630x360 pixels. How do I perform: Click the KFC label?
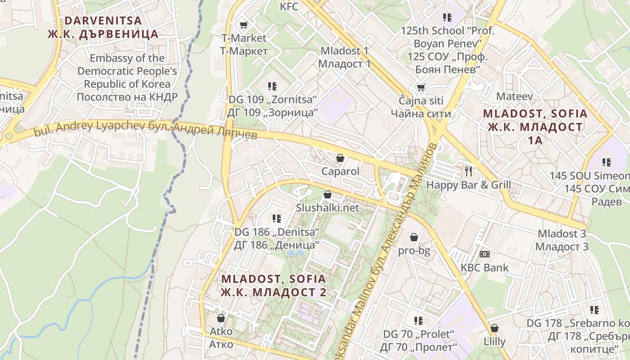pyautogui.click(x=289, y=6)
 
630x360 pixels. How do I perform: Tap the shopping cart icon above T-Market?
pyautogui.click(x=243, y=25)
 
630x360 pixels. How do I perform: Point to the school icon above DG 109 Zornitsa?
pyautogui.click(x=272, y=86)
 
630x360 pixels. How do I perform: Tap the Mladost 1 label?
pyautogui.click(x=344, y=57)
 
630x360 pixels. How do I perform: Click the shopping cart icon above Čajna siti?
pyautogui.click(x=421, y=87)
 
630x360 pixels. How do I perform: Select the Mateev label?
pyautogui.click(x=514, y=96)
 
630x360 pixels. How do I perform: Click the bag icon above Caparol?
pyautogui.click(x=340, y=158)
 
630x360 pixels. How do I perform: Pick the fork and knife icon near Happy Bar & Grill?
pyautogui.click(x=468, y=171)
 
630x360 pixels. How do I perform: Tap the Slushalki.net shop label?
pyautogui.click(x=328, y=207)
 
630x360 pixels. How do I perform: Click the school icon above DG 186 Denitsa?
pyautogui.click(x=276, y=219)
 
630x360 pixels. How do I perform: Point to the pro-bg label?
pyautogui.click(x=414, y=251)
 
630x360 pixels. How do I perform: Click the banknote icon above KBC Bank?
pyautogui.click(x=484, y=254)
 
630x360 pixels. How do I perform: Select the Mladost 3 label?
pyautogui.click(x=563, y=240)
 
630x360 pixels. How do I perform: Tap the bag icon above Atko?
pyautogui.click(x=221, y=318)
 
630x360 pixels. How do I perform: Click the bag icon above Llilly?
pyautogui.click(x=495, y=328)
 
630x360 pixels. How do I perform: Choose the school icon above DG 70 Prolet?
pyautogui.click(x=418, y=320)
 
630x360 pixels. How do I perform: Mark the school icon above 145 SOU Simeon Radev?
pyautogui.click(x=607, y=162)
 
